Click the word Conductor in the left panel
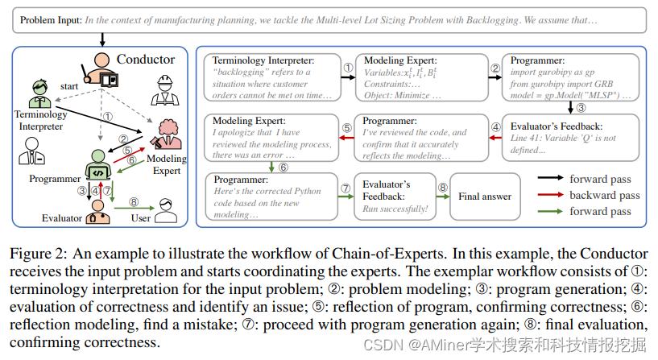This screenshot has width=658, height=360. click(145, 59)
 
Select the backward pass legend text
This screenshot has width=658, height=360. click(604, 195)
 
